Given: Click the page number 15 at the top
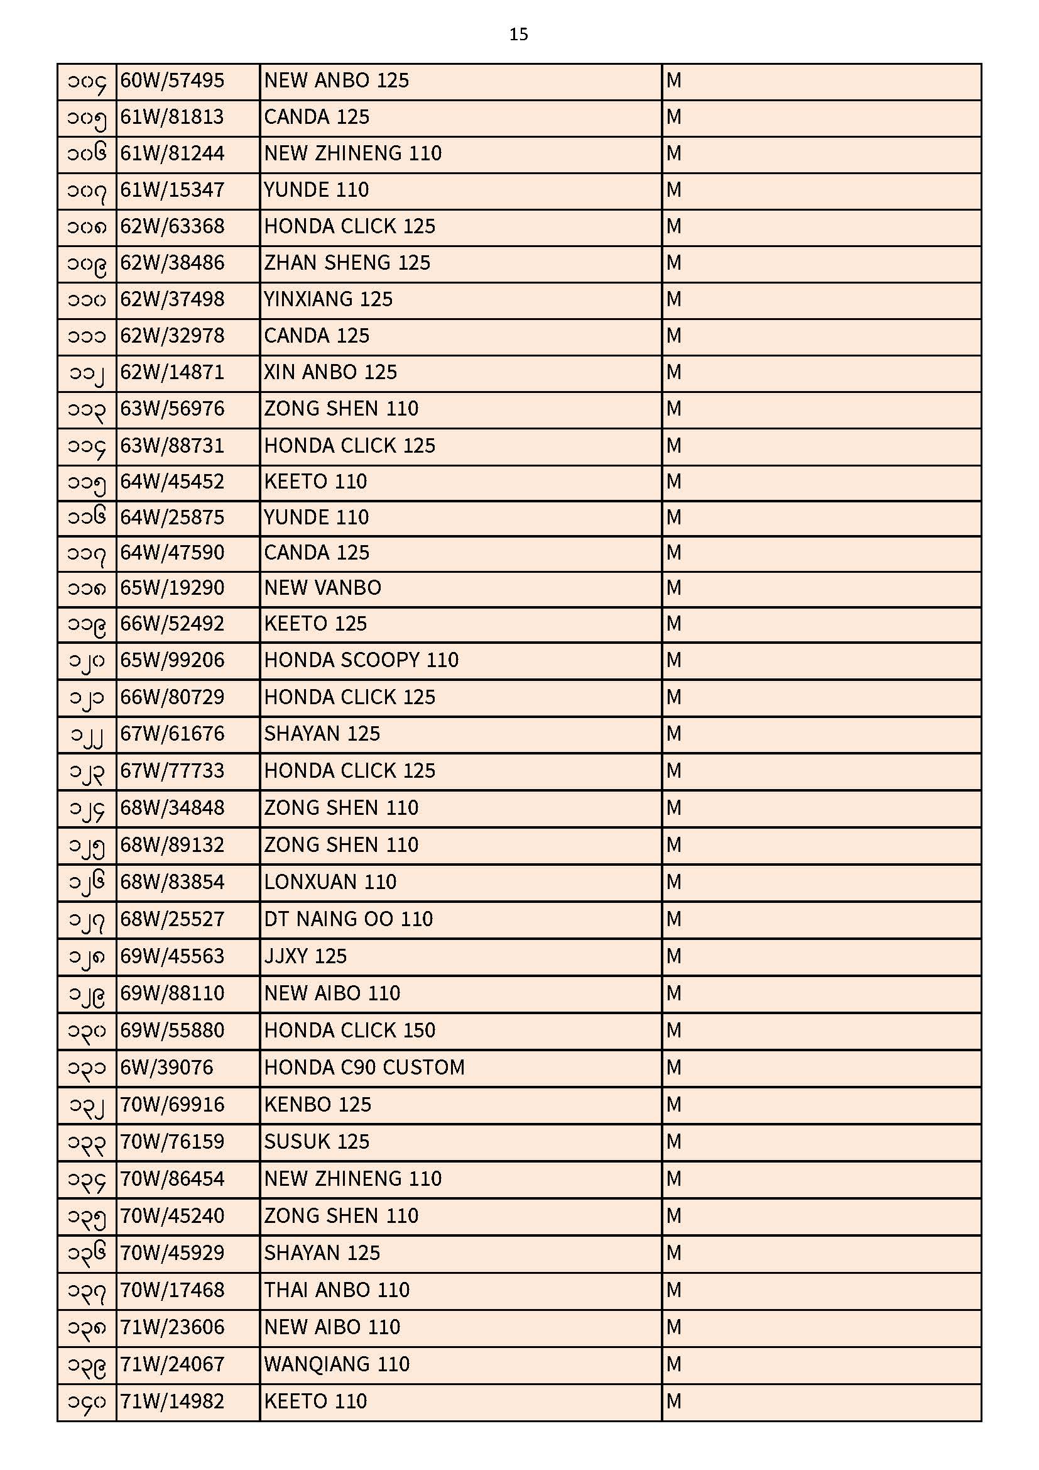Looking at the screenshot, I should click(x=518, y=35).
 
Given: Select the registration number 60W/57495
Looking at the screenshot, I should click(x=172, y=80).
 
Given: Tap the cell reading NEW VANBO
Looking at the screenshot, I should click(x=322, y=588).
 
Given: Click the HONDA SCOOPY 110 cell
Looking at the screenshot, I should click(x=361, y=660).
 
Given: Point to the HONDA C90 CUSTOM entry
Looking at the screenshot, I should click(x=364, y=1067).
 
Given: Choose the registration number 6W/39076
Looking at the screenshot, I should click(x=166, y=1067).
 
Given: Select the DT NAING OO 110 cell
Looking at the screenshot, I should click(x=348, y=919).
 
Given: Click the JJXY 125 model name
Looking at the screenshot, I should click(x=305, y=956).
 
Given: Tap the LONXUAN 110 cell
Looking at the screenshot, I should click(x=330, y=882).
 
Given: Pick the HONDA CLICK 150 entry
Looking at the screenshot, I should click(x=349, y=1030).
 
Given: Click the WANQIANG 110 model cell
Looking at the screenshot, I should click(x=337, y=1364).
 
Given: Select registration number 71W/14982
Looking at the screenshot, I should click(x=172, y=1401).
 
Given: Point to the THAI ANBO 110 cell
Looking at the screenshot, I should click(x=337, y=1290).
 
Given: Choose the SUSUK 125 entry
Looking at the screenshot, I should click(x=317, y=1142).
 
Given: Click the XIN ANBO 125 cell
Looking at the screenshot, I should click(x=330, y=372).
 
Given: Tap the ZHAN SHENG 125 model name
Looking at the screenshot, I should click(x=347, y=263).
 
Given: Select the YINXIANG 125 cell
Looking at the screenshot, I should click(x=328, y=299).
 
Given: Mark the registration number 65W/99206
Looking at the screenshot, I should click(x=172, y=660).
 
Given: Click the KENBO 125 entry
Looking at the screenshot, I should click(x=317, y=1105).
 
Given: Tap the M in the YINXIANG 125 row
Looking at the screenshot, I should click(x=673, y=299).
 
